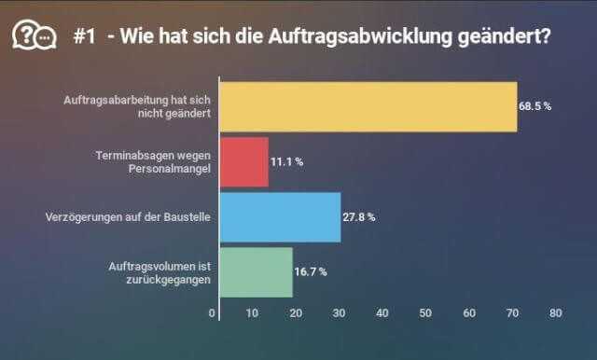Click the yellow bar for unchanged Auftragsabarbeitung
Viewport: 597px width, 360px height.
click(x=368, y=106)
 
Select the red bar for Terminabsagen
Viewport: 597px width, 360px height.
click(x=243, y=161)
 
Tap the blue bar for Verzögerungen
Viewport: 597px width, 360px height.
click(x=280, y=216)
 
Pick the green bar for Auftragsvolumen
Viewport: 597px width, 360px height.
click(x=256, y=271)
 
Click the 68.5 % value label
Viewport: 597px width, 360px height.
click(x=535, y=106)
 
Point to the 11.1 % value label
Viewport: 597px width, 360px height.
click(x=287, y=161)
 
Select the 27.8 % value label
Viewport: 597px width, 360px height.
click(x=359, y=216)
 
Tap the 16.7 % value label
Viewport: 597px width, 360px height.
click(x=312, y=271)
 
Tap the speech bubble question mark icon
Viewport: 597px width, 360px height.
click(x=32, y=35)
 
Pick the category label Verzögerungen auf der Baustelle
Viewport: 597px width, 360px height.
click(x=128, y=216)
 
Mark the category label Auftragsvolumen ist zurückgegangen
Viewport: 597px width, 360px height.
click(x=154, y=271)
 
